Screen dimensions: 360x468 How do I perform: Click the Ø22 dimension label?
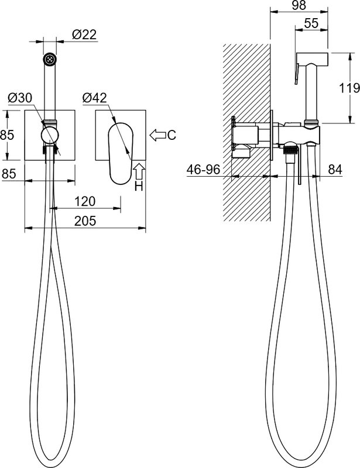point(84,35)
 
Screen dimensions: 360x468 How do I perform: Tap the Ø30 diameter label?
point(20,98)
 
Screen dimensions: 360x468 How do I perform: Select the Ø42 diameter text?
point(94,98)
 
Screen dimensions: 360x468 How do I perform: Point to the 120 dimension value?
point(85,201)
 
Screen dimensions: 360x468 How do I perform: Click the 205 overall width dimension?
point(85,221)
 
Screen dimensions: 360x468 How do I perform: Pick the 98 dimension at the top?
point(299,5)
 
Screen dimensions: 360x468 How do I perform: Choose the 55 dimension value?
point(311,23)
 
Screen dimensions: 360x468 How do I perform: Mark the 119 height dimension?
point(349,88)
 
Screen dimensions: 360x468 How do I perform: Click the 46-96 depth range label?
point(203,170)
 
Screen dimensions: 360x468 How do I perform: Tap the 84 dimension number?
point(335,170)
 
